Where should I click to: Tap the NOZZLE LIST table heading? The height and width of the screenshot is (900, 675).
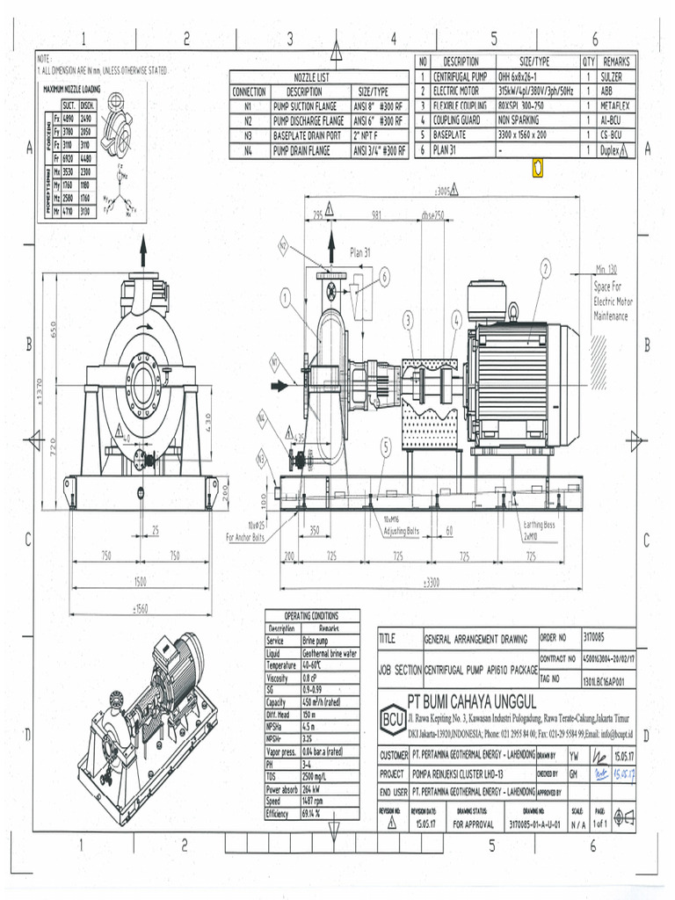tap(318, 77)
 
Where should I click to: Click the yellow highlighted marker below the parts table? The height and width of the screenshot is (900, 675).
tap(538, 167)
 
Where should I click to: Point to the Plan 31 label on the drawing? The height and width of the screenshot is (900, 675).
tap(360, 252)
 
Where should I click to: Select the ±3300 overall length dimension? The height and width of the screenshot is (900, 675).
tap(431, 582)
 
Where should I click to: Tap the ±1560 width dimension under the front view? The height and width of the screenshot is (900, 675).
tap(141, 608)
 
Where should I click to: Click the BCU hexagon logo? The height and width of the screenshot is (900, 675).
tap(393, 716)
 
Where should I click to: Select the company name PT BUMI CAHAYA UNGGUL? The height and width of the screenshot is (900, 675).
tap(472, 701)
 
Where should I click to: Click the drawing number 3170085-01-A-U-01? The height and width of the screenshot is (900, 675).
tap(533, 824)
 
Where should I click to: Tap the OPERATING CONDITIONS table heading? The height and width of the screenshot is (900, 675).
tap(312, 615)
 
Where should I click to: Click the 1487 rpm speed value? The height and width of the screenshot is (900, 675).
tap(317, 802)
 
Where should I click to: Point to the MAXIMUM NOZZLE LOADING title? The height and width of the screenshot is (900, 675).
tap(71, 89)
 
